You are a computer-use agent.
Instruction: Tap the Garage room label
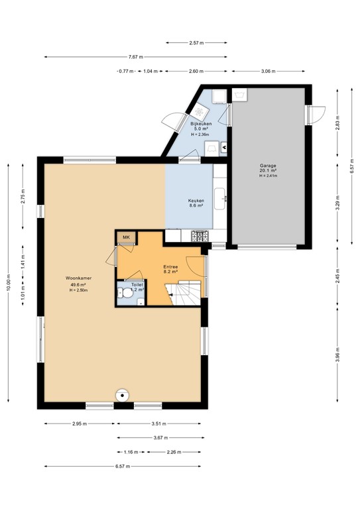(x=268, y=166)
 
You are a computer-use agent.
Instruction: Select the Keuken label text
(x=196, y=200)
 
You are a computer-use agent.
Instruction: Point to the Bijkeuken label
(x=201, y=123)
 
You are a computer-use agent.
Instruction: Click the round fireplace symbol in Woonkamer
(x=121, y=395)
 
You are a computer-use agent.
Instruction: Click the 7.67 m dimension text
(x=137, y=56)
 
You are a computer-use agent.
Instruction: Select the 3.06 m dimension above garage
(x=269, y=71)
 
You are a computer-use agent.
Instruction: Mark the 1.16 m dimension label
(x=131, y=452)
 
